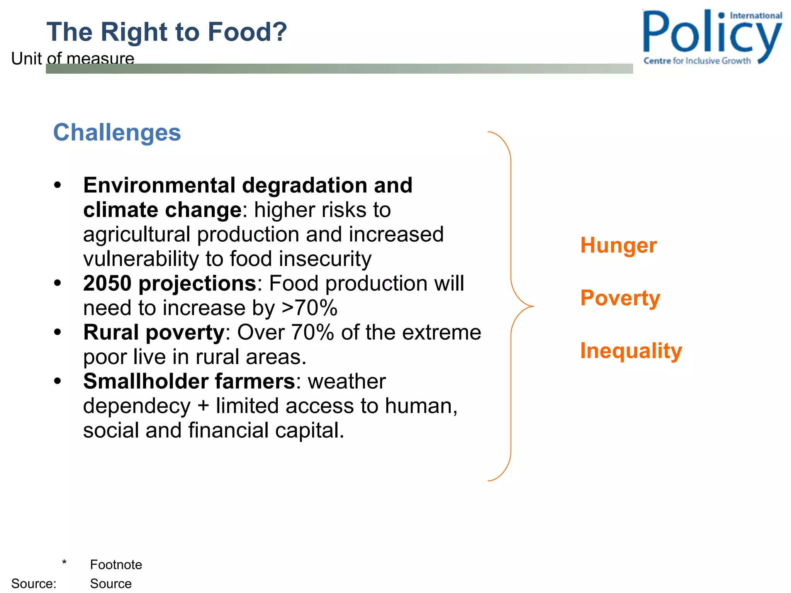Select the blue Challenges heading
point(117,132)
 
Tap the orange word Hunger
point(618,246)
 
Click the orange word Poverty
point(620,298)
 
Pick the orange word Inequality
point(631,351)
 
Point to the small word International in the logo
point(755,16)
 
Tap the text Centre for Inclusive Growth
point(697,61)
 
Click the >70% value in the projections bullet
point(309,308)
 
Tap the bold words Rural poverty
point(154,332)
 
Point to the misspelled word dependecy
point(137,406)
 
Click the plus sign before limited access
point(203,407)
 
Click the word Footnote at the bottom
point(116,564)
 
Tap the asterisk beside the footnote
point(64,563)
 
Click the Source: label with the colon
point(34,583)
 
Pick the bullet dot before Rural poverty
point(58,332)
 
